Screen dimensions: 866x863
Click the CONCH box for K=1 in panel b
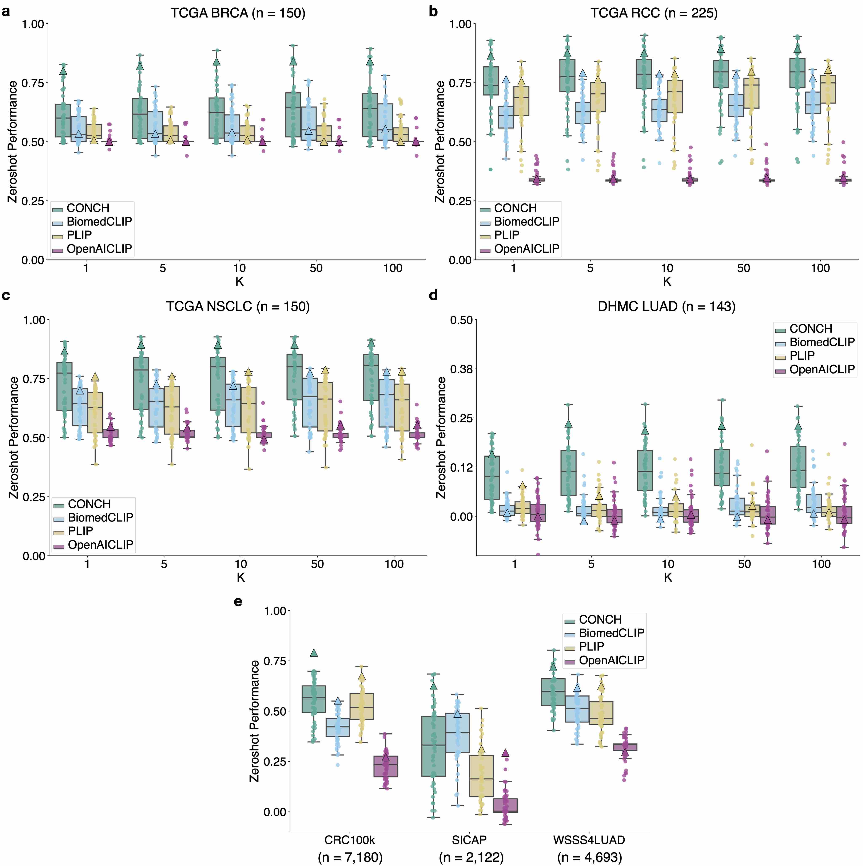(490, 81)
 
